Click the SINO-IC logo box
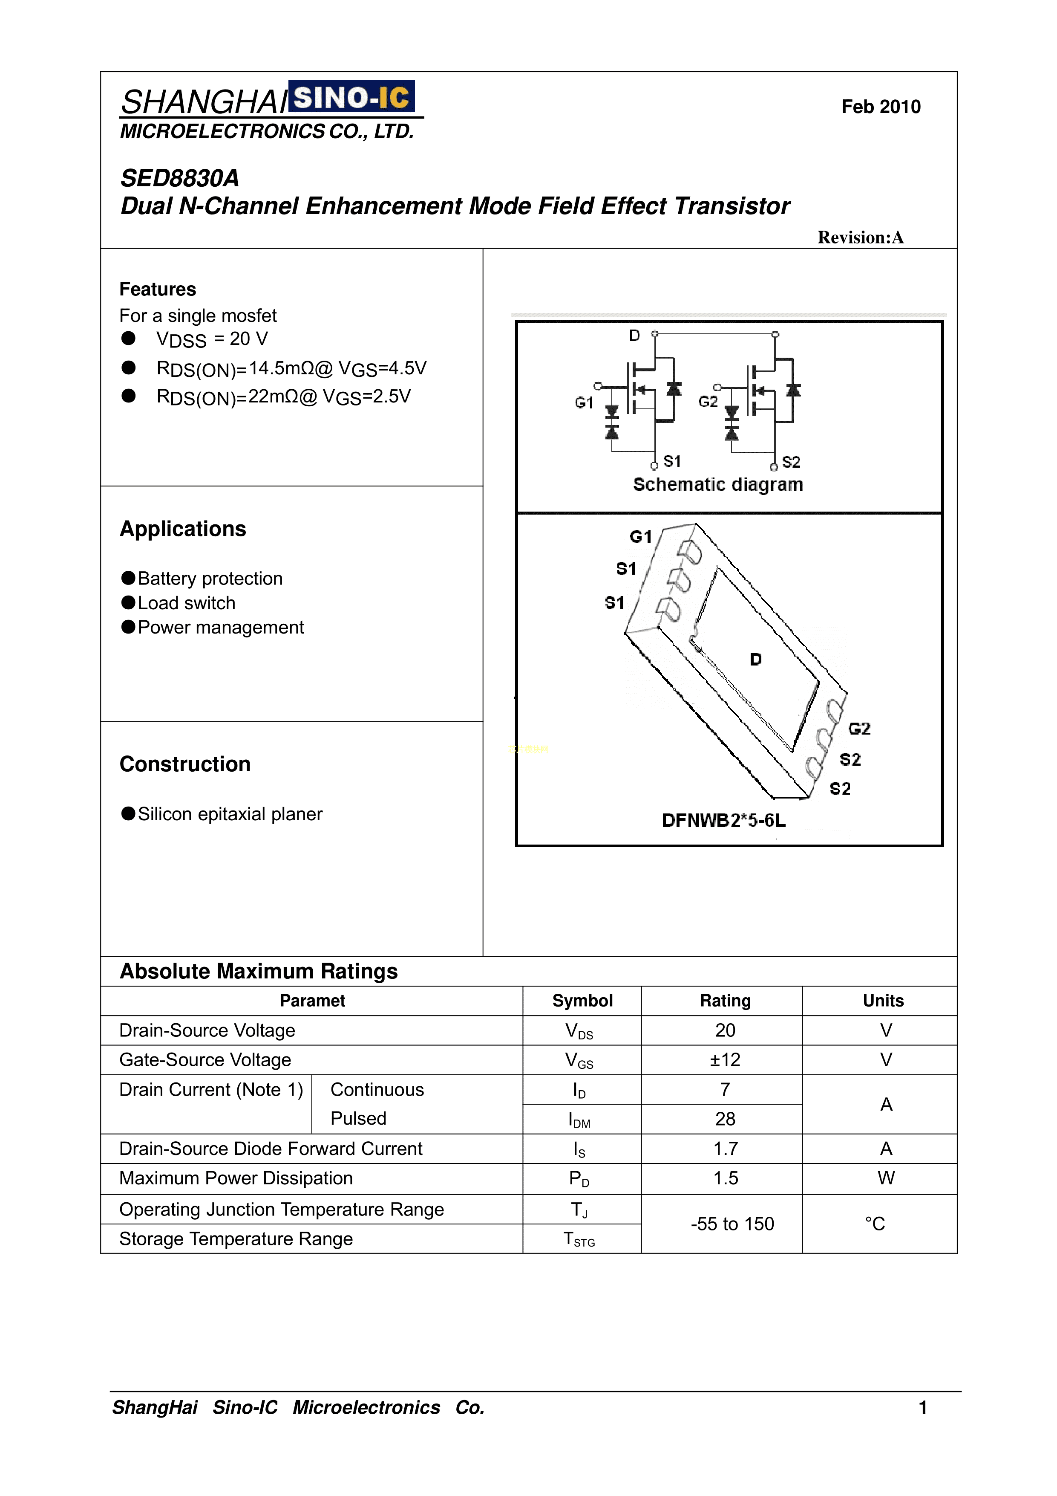click(351, 98)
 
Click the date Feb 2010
click(881, 107)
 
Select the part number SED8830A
click(180, 178)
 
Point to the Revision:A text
click(860, 238)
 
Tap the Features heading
click(158, 289)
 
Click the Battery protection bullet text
click(210, 579)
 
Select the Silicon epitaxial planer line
click(230, 814)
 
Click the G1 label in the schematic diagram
click(584, 402)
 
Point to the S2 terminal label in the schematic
click(791, 462)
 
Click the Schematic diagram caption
click(718, 485)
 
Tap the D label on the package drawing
click(755, 660)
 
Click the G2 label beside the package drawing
click(859, 729)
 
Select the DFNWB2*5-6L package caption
click(723, 820)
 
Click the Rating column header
click(725, 1001)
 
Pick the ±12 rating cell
click(725, 1060)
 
